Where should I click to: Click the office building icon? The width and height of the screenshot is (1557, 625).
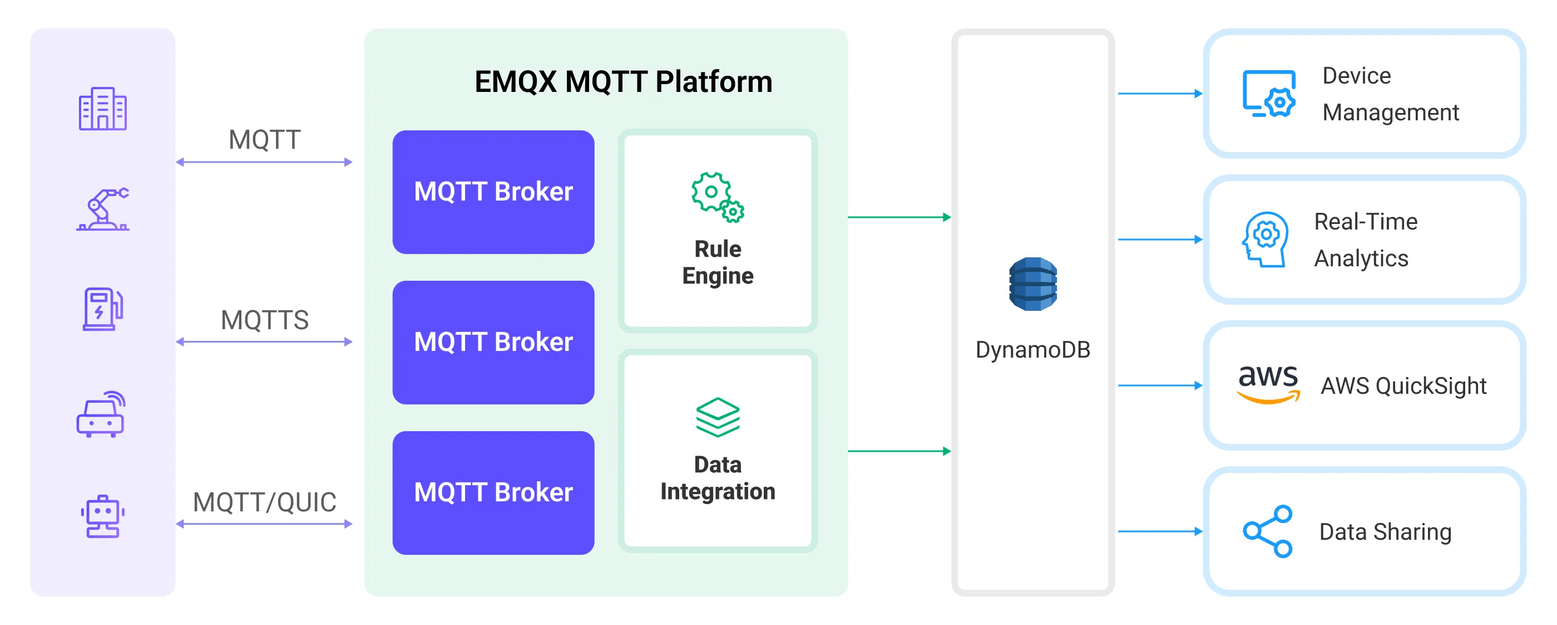[102, 109]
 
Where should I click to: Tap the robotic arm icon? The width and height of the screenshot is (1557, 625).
[103, 209]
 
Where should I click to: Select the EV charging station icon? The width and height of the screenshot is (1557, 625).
[102, 309]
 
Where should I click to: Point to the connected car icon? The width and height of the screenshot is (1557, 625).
[101, 414]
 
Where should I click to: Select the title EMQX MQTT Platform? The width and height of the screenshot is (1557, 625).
[623, 82]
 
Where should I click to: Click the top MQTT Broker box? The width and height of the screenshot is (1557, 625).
[493, 192]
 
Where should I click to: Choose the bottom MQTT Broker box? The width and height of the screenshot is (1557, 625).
[493, 492]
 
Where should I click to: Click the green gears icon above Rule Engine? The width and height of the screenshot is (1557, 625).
[718, 197]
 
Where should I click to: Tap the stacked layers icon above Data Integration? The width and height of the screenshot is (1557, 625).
[718, 417]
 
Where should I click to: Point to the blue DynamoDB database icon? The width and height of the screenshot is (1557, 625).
[1033, 284]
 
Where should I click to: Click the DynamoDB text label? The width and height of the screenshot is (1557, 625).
[1033, 350]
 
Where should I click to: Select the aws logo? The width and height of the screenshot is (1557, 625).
[1268, 384]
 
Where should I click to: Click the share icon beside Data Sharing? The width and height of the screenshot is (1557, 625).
[1268, 531]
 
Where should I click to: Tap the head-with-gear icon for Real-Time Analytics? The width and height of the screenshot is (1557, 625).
[1265, 239]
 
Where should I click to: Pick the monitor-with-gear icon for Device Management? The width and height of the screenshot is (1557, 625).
[1269, 94]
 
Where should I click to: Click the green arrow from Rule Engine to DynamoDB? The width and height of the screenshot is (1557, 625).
[899, 217]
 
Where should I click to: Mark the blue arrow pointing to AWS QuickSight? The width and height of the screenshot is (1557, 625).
[1159, 385]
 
